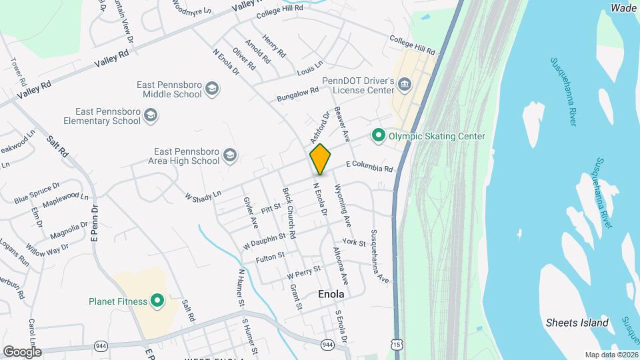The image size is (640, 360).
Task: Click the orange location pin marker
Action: tap(320, 159)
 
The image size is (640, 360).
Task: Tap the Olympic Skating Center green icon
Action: tap(379, 136)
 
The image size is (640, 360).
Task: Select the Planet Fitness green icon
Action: tap(158, 301)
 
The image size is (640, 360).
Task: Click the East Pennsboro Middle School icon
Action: tap(212, 89)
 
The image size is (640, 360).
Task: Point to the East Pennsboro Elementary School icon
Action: tap(151, 117)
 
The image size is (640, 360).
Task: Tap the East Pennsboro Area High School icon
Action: tap(230, 156)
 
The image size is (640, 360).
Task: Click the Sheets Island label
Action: tap(577, 323)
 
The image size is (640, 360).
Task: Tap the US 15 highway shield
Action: tap(397, 344)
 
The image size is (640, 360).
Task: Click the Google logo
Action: tap(22, 351)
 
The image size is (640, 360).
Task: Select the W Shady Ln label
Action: tap(203, 195)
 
